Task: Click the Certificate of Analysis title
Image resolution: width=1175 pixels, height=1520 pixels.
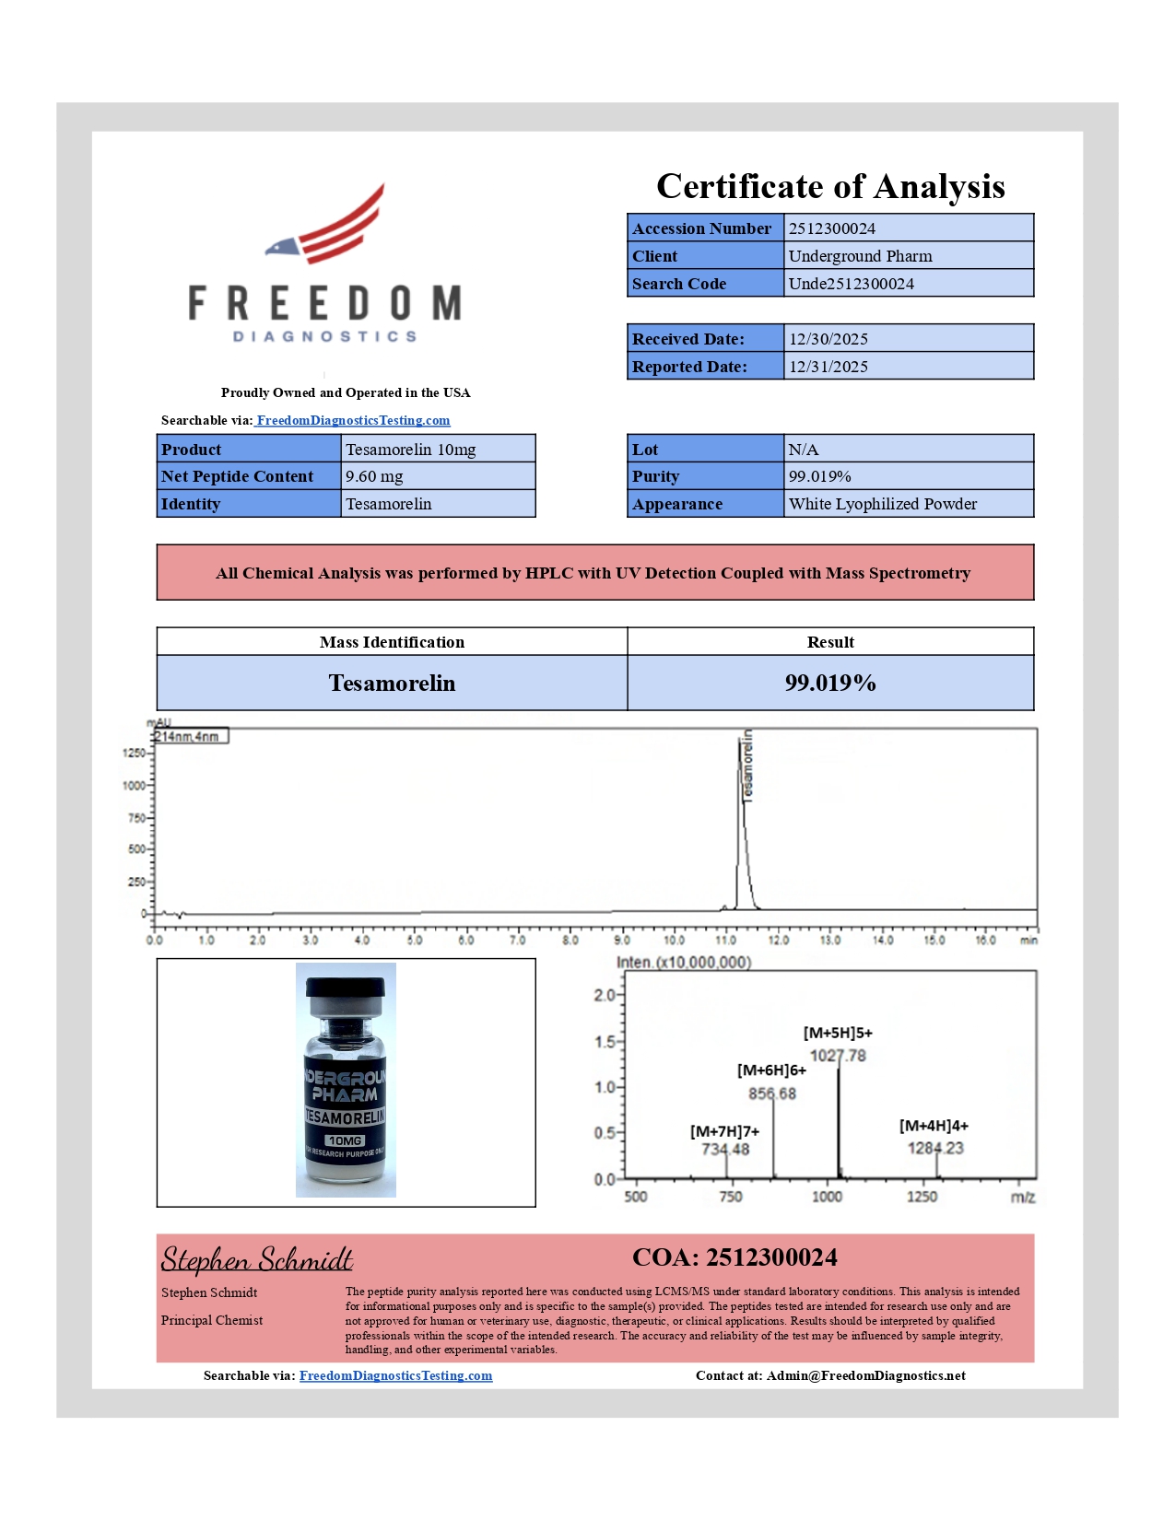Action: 829,187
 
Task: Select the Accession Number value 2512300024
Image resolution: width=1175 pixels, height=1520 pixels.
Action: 832,228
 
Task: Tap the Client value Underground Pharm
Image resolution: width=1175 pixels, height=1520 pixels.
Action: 860,256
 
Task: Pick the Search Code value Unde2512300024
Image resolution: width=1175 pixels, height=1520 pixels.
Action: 851,284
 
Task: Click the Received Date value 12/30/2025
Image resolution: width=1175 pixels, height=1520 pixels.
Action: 828,339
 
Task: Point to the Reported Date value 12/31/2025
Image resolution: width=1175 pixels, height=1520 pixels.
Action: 828,367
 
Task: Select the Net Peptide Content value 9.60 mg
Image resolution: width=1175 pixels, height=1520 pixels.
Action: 374,476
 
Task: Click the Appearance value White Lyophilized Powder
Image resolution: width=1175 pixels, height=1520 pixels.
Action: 882,504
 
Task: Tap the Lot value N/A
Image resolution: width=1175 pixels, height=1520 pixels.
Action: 803,450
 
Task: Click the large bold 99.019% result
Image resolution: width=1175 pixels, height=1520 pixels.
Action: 829,683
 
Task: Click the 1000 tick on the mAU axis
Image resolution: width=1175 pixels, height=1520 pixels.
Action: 134,786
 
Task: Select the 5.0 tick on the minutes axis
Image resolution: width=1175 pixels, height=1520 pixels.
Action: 415,941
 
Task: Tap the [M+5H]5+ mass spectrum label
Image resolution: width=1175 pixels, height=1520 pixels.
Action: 838,1033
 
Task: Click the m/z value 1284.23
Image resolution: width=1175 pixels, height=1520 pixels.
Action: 935,1148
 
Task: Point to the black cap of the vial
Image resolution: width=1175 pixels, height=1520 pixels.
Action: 346,988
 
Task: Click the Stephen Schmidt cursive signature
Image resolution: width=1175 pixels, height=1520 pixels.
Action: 257,1259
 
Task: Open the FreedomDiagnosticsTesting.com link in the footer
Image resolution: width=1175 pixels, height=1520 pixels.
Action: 395,1375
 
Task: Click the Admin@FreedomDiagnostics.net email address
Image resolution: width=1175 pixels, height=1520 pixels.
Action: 865,1375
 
